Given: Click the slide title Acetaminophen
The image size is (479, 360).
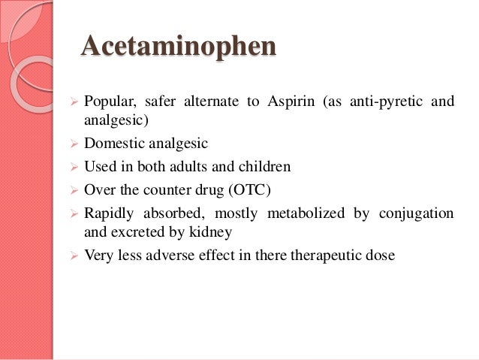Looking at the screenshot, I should tap(178, 47).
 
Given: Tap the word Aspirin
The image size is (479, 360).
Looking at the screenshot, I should tap(289, 101).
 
